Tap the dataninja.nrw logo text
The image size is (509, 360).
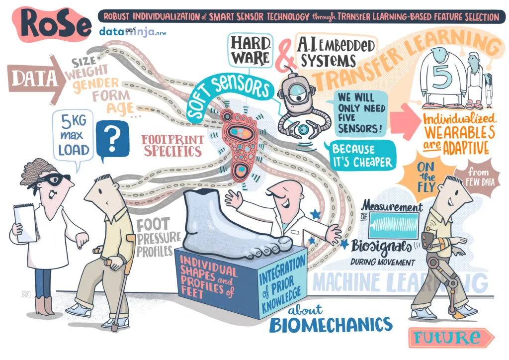132,32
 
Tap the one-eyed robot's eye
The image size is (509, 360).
298,97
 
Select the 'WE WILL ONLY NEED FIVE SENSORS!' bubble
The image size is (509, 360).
361,113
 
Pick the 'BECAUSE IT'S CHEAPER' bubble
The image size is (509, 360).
361,156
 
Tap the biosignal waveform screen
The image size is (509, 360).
394,225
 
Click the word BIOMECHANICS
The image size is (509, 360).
331,324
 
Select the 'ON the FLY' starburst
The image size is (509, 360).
425,178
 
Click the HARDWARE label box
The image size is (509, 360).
250,50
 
